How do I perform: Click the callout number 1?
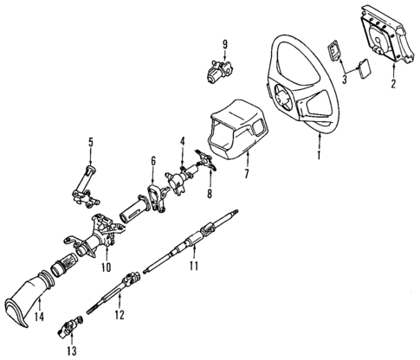[320, 156]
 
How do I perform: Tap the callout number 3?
[345, 80]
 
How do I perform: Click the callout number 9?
[224, 44]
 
